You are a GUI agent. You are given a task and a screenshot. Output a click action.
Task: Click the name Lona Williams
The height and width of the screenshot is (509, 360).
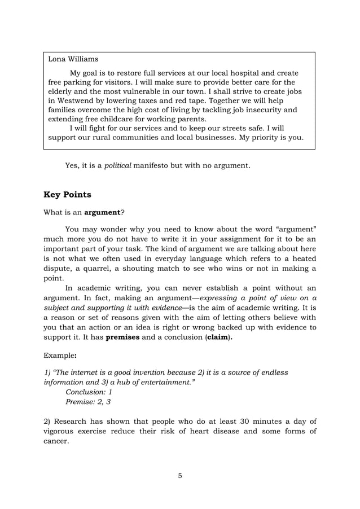click(73, 59)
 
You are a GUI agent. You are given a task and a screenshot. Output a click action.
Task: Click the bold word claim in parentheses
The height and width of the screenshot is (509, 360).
click(219, 337)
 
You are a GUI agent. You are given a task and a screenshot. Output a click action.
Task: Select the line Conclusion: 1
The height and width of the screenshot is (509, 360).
click(89, 391)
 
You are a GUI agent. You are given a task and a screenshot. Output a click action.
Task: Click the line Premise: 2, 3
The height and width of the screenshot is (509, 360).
click(89, 402)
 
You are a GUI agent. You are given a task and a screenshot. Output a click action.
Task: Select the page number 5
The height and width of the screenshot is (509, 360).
click(179, 475)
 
